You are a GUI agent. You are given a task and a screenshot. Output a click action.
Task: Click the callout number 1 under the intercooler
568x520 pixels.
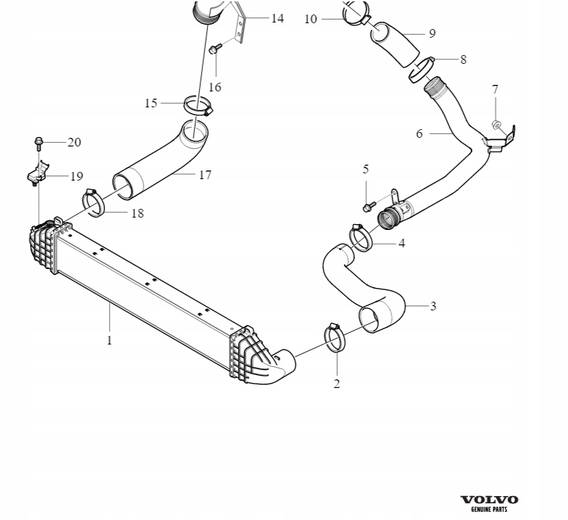(x=109, y=339)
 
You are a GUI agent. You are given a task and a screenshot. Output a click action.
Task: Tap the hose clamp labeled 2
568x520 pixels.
(x=335, y=337)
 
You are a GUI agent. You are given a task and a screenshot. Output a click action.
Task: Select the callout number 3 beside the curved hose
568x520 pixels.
(x=433, y=306)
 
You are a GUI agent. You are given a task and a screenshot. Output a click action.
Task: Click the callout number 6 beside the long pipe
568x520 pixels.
(x=419, y=133)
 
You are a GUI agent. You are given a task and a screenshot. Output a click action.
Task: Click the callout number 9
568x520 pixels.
(x=432, y=33)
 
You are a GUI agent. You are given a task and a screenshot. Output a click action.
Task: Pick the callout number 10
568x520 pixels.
(x=311, y=19)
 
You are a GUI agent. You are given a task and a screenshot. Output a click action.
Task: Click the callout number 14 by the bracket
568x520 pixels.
(x=277, y=18)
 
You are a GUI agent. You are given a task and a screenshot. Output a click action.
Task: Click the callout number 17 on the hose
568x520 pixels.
(x=205, y=175)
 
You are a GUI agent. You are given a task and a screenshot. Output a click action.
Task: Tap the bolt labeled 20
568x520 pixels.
(x=38, y=141)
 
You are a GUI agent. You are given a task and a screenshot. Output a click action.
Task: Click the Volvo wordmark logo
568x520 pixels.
(x=489, y=499)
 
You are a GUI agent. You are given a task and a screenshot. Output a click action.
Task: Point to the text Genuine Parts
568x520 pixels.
(x=489, y=509)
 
